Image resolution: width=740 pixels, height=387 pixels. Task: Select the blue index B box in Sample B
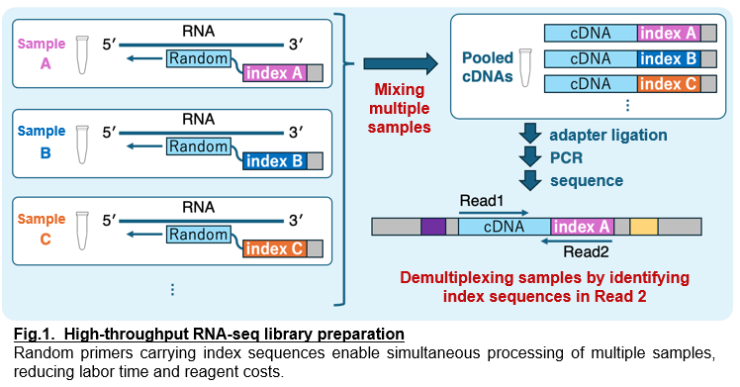274,161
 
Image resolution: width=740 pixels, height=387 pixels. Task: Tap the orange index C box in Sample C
274,248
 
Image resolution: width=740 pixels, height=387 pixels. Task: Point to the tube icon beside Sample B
84,146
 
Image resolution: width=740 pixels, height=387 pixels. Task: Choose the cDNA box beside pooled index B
590,58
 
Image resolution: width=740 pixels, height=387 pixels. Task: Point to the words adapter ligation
607,134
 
